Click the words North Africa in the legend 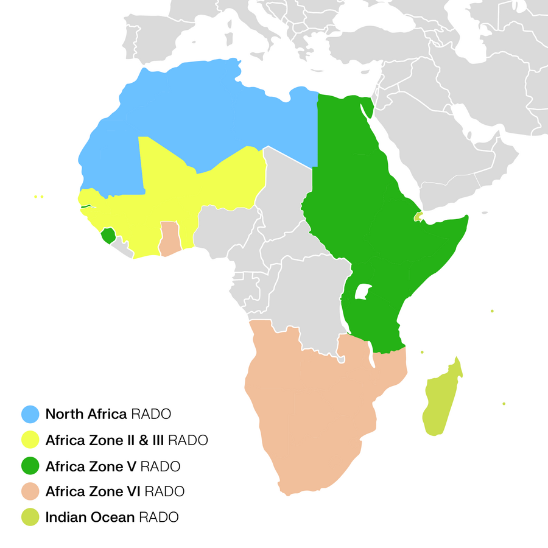tap(85, 414)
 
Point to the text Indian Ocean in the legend tap(90, 518)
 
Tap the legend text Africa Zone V tap(90, 466)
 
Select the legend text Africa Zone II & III tap(105, 440)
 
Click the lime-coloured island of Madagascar tap(441, 402)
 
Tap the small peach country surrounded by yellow tap(169, 239)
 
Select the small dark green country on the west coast tap(108, 236)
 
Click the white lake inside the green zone tap(363, 292)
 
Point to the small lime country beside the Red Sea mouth tap(418, 216)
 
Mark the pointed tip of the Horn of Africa tap(466, 216)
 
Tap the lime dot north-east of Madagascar tap(492, 311)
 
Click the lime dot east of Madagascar tap(504, 404)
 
